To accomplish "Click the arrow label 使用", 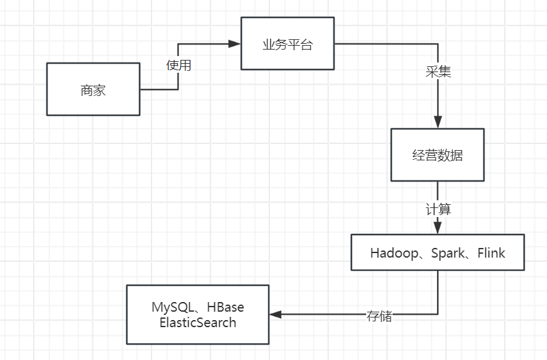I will pos(178,65).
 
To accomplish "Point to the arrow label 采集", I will pos(438,71).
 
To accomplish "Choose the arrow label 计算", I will pos(438,209).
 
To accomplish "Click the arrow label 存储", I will pos(379,316).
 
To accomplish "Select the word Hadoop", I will pos(393,252).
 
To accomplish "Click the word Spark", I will pos(448,252).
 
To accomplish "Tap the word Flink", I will pos(491,252).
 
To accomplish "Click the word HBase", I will pos(226,307).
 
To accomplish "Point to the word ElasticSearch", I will pos(198,322).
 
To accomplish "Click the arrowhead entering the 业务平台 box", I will pos(235,44).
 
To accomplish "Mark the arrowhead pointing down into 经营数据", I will pos(438,122).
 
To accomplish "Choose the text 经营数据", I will pos(438,155).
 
